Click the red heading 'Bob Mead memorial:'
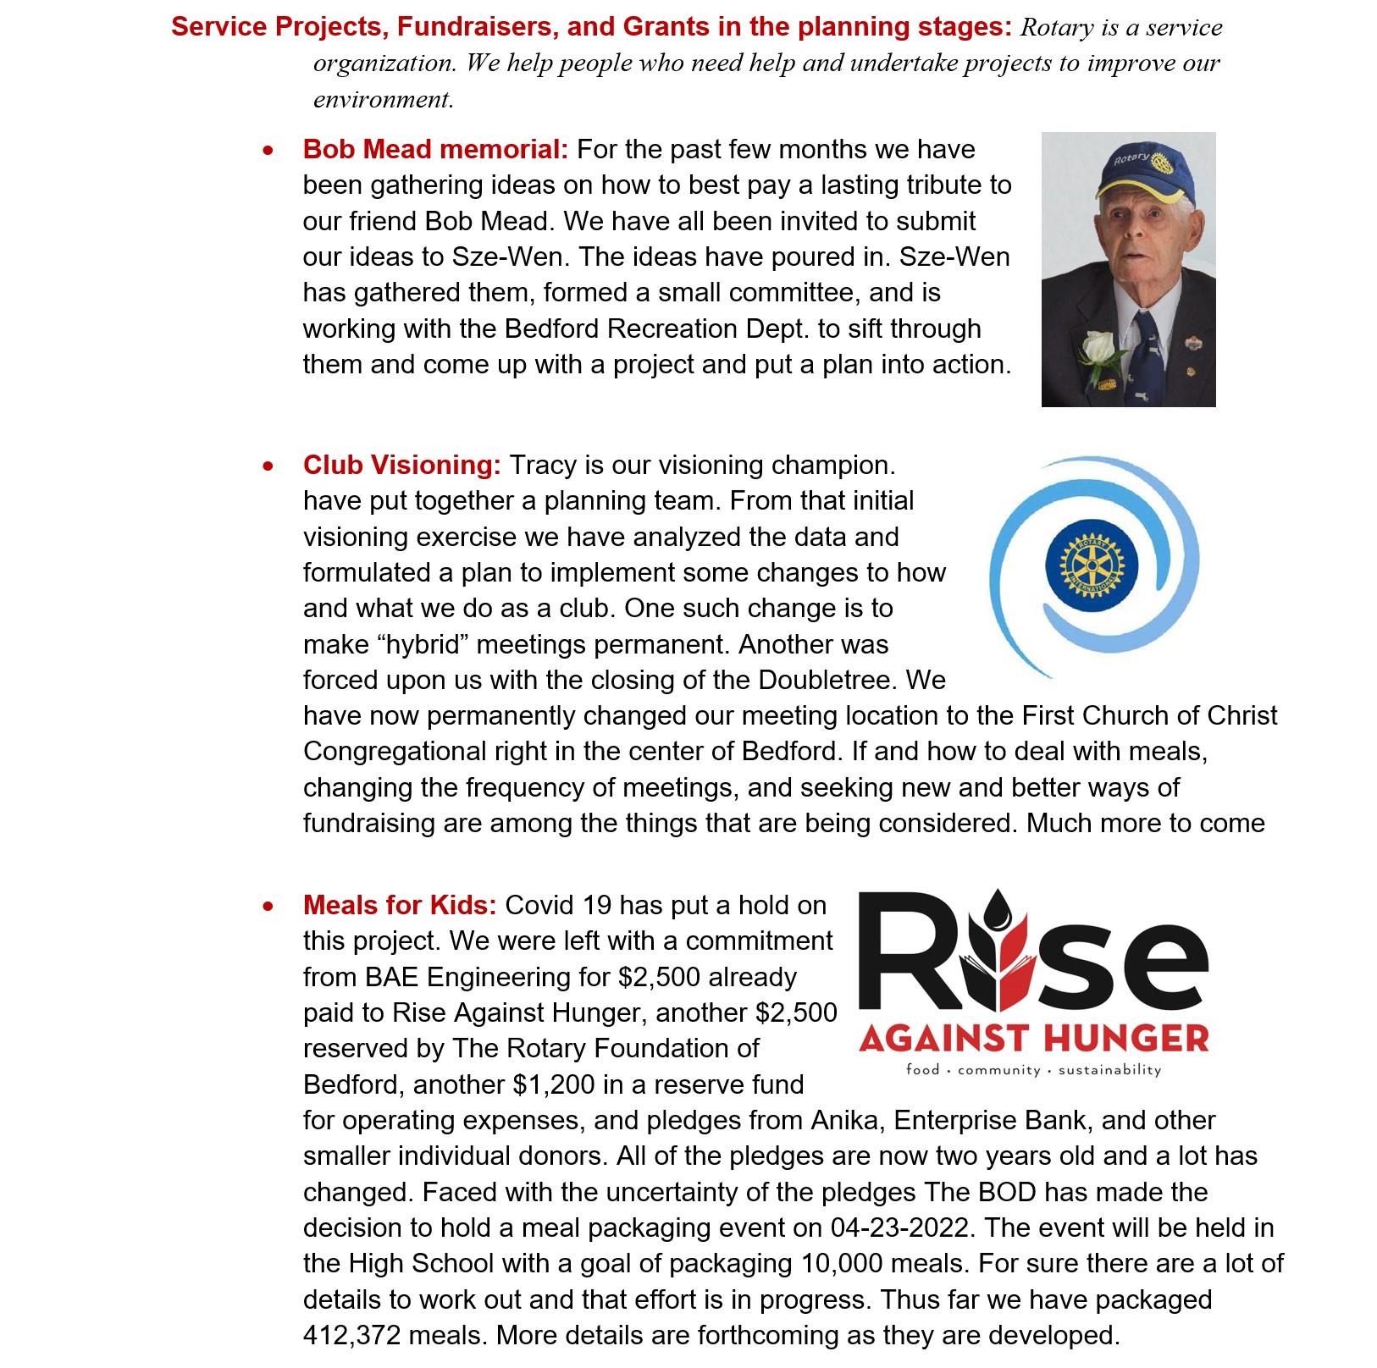435,150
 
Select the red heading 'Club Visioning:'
402,466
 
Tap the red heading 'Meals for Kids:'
400,906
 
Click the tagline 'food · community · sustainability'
1033,1070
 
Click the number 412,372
352,1336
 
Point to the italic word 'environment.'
384,100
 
